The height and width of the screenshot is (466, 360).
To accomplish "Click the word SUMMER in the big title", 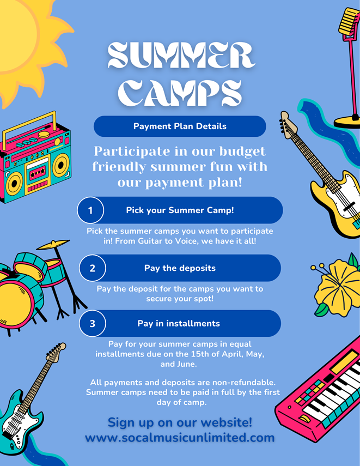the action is (x=181, y=55).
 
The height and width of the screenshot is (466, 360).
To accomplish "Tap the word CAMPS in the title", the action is (x=180, y=93).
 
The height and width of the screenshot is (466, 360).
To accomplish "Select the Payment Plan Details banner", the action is (x=180, y=126).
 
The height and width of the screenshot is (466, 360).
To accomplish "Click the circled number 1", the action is (x=90, y=210).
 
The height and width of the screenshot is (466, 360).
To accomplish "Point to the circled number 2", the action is (x=93, y=268).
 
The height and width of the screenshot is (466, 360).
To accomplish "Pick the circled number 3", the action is (x=93, y=323).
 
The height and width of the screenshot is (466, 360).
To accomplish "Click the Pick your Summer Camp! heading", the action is (x=180, y=210).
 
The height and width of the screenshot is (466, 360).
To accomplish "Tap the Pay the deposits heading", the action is (x=180, y=268).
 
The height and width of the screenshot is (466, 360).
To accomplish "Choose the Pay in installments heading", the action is (x=179, y=323).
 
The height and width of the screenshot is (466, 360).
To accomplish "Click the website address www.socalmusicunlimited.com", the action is (x=180, y=438).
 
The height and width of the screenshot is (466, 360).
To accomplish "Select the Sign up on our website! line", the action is (x=180, y=422).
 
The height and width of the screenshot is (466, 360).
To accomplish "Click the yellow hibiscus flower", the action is (x=337, y=285).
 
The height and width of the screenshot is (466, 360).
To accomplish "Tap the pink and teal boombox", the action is (x=35, y=158).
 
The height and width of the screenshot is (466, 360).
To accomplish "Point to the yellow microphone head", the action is (x=348, y=21).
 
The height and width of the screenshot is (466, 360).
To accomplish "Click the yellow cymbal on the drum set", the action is (x=53, y=244).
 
